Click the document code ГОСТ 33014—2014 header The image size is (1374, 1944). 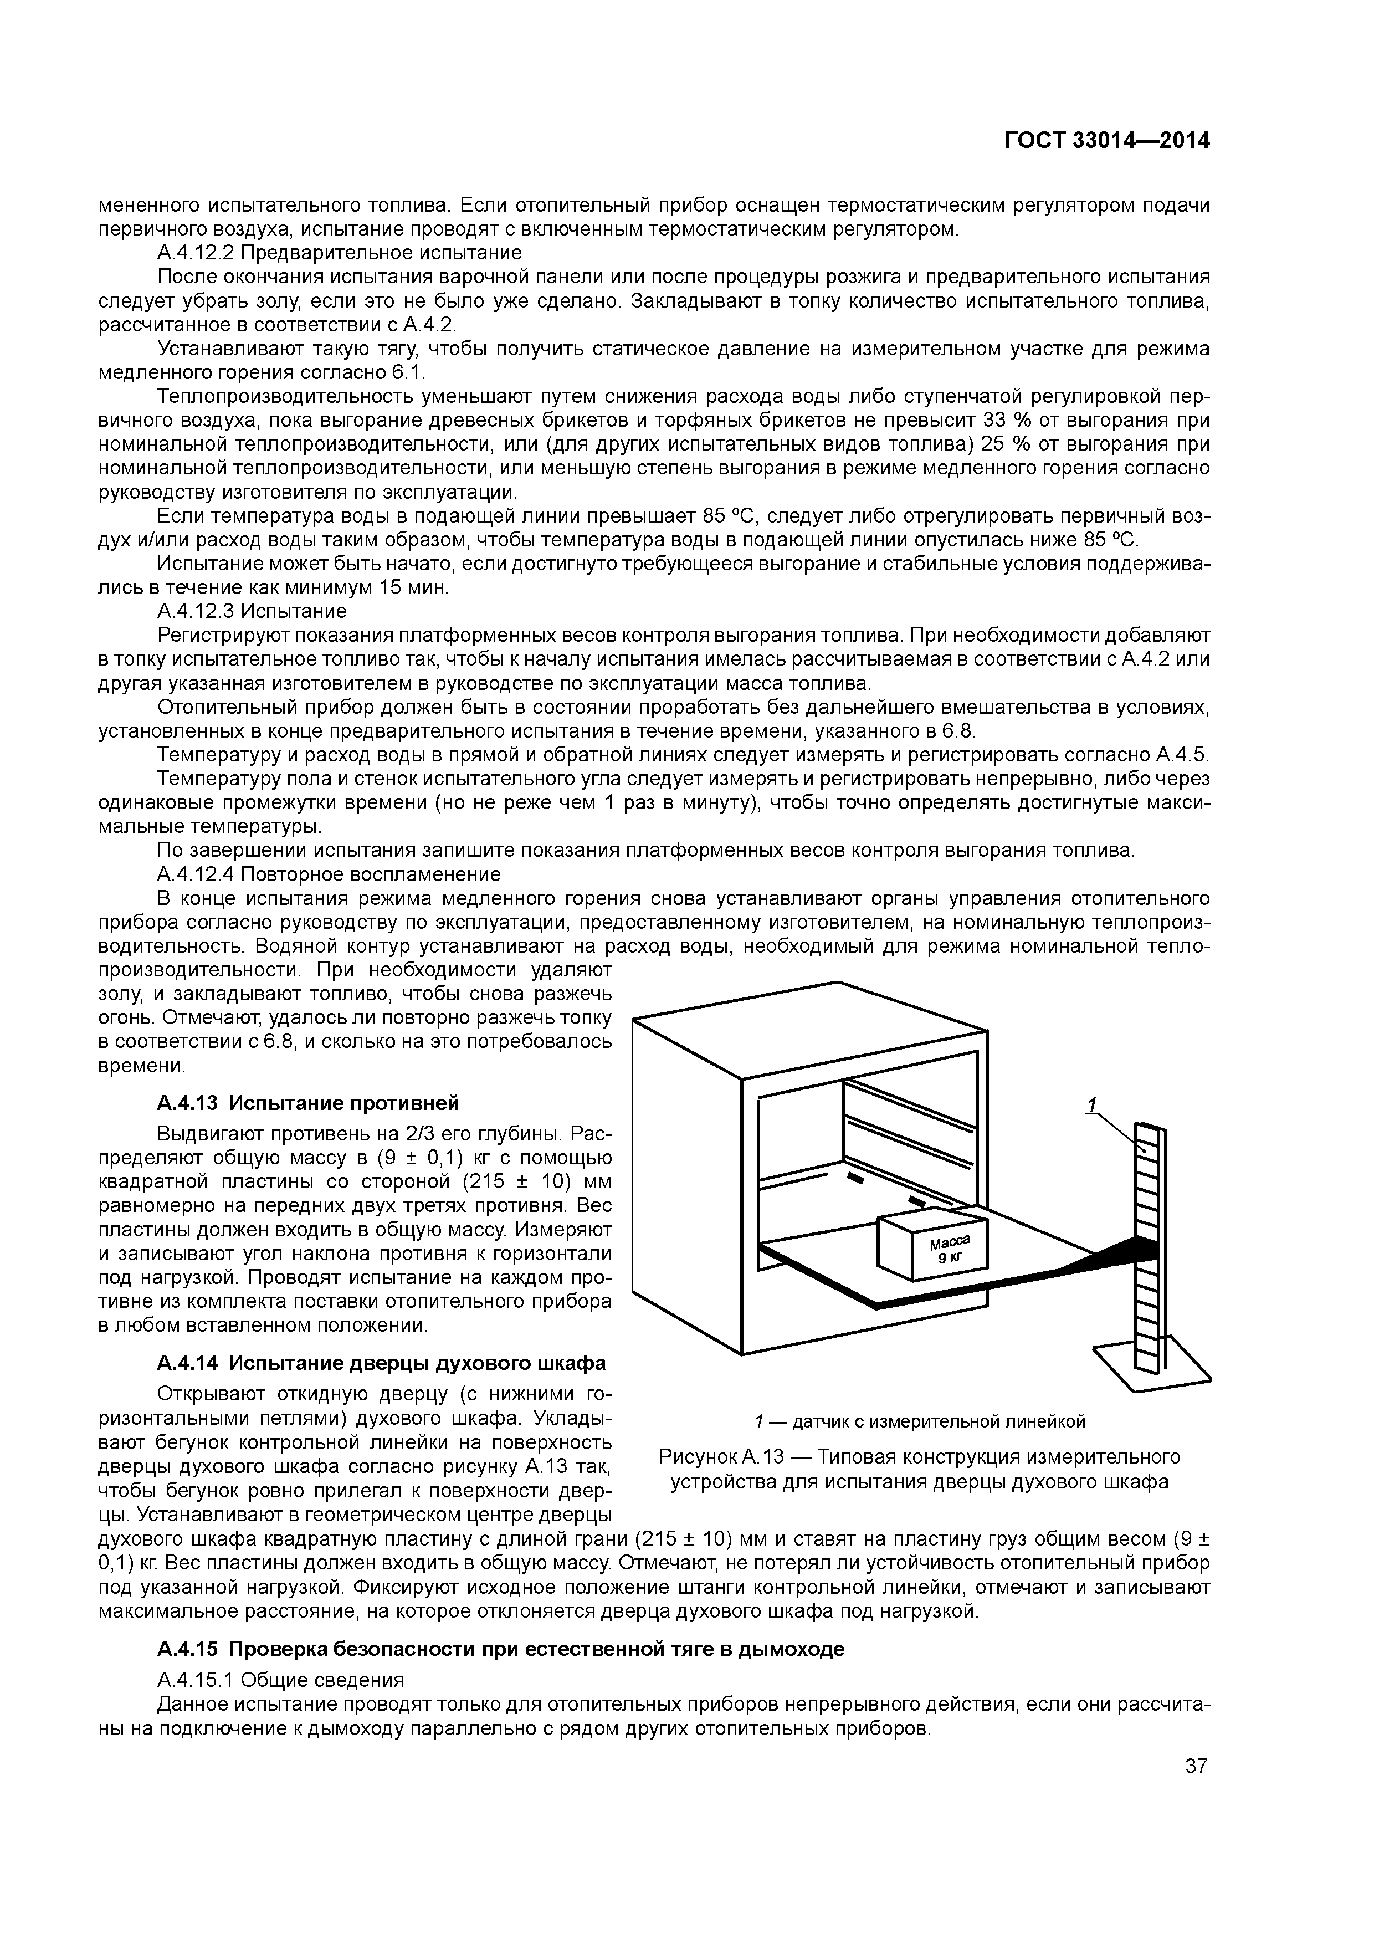(1106, 141)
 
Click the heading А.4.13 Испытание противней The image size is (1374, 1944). (308, 1103)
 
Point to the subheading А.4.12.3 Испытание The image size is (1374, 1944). (252, 611)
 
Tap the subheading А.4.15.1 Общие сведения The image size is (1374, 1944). (280, 1679)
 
